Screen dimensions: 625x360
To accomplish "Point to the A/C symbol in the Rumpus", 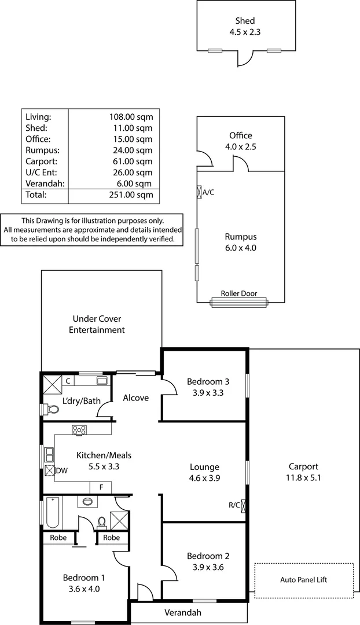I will tap(199, 192).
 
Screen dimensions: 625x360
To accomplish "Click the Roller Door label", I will tap(238, 294).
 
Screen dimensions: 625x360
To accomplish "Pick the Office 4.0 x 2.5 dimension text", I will tap(240, 147).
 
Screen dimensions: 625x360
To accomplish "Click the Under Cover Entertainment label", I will tap(97, 325).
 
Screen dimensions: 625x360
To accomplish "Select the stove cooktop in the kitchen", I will tap(79, 430).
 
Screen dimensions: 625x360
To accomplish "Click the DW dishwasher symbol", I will tap(50, 470).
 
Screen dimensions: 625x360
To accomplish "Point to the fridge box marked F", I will tap(101, 487).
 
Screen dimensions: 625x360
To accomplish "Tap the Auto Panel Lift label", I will tap(303, 579).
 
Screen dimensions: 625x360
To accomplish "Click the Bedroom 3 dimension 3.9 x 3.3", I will tap(208, 393).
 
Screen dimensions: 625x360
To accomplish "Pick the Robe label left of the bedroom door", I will tap(58, 538).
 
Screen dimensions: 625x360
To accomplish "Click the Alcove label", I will tap(136, 398).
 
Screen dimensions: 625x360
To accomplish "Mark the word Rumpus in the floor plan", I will tap(240, 237).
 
